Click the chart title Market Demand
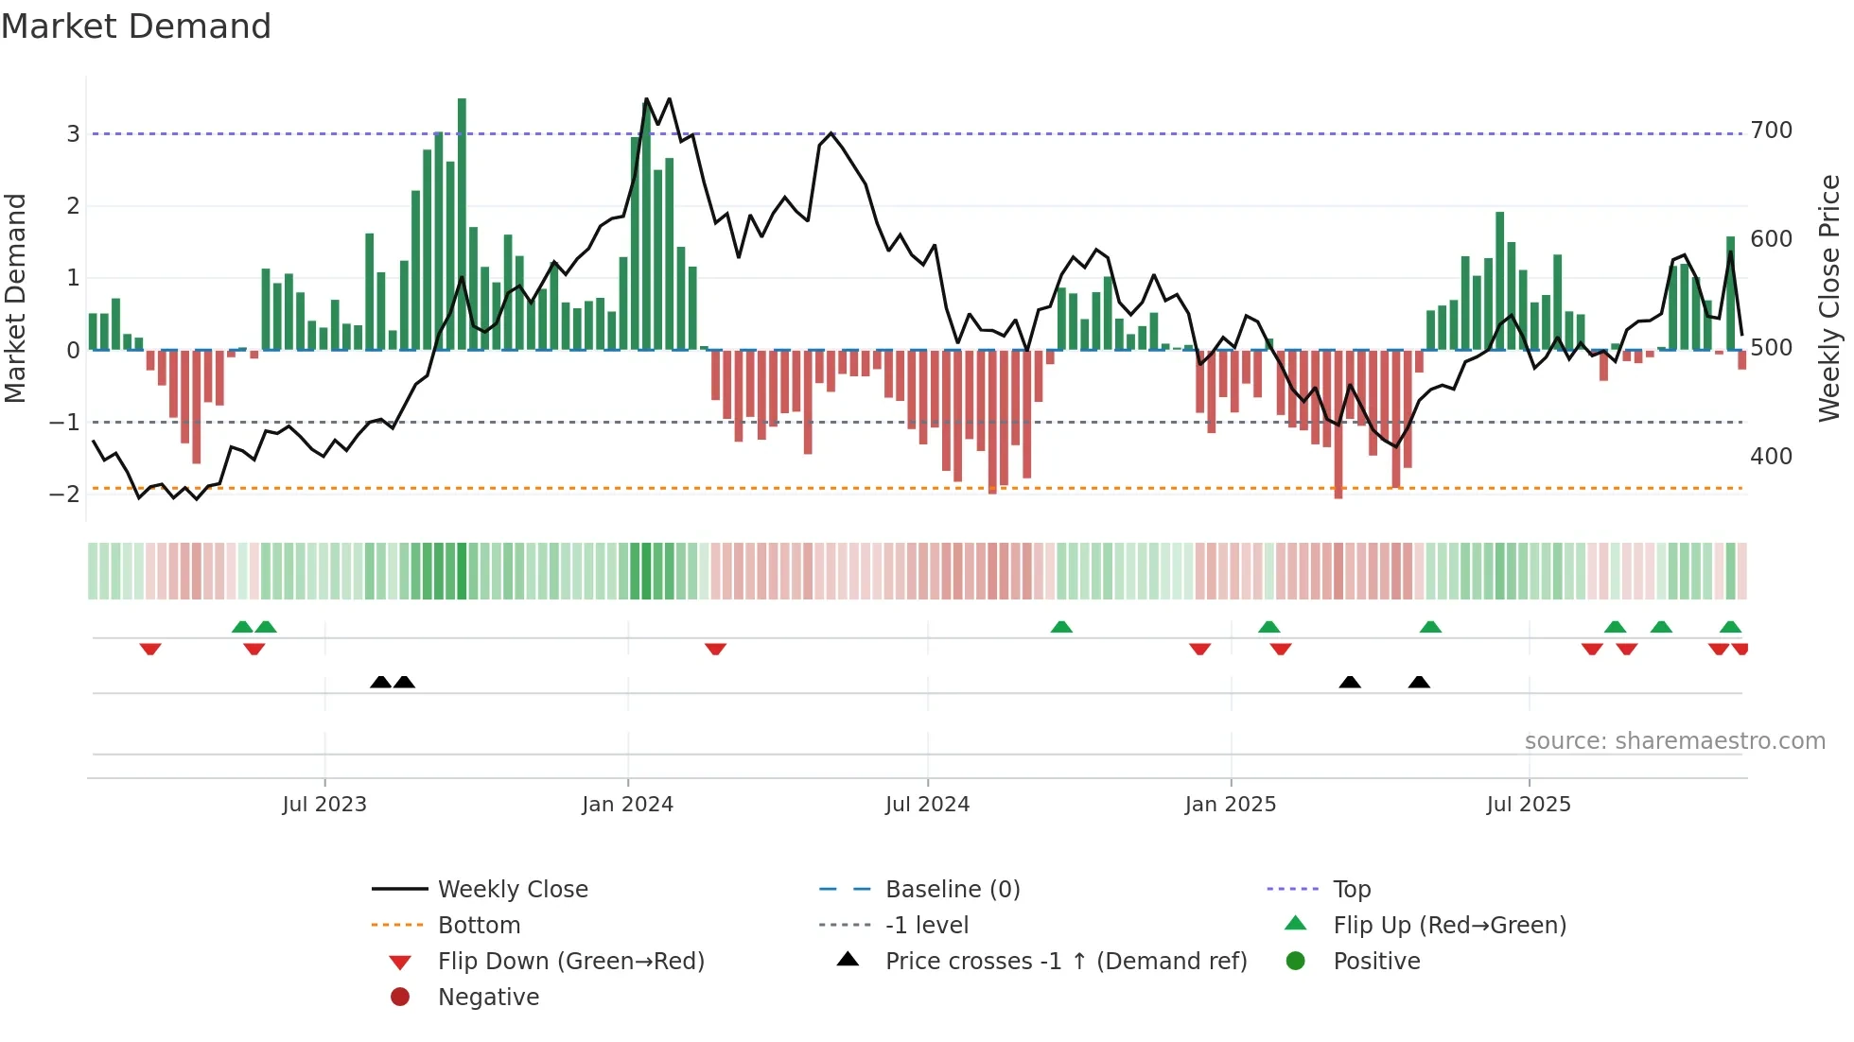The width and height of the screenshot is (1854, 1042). tap(136, 26)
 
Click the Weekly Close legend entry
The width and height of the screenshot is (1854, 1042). tap(512, 889)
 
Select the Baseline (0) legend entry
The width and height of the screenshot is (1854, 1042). tap(952, 889)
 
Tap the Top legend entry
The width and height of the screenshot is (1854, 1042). tap(1351, 889)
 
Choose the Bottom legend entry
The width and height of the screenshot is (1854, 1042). tap(479, 925)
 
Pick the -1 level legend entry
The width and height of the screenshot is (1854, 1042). tap(926, 925)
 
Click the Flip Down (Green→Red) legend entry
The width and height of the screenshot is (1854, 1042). tap(570, 961)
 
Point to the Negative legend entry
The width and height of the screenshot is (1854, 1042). tap(488, 997)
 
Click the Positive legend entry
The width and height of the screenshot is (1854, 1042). tap(1375, 961)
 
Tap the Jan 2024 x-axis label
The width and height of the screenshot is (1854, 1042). tap(627, 804)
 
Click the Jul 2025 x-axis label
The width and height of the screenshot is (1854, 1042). tap(1528, 804)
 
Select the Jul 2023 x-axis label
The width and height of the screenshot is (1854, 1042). tap(324, 804)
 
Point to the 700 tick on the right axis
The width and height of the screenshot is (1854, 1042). tap(1771, 130)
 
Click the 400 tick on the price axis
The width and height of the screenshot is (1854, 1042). tap(1771, 456)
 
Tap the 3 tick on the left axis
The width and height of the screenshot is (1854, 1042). tap(73, 133)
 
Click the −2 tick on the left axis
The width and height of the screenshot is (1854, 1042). tap(65, 494)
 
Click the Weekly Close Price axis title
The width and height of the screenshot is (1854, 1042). tap(1829, 298)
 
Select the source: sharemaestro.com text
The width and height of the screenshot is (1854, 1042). tap(1674, 740)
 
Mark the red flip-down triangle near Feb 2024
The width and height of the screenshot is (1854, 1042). tap(715, 649)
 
